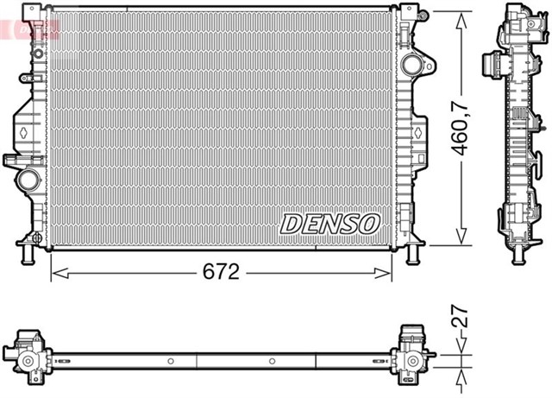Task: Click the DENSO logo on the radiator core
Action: click(329, 224)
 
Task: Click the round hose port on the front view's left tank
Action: click(28, 180)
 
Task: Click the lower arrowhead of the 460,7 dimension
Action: click(462, 241)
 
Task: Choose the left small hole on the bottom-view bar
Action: click(171, 361)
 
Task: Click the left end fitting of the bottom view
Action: click(28, 354)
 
